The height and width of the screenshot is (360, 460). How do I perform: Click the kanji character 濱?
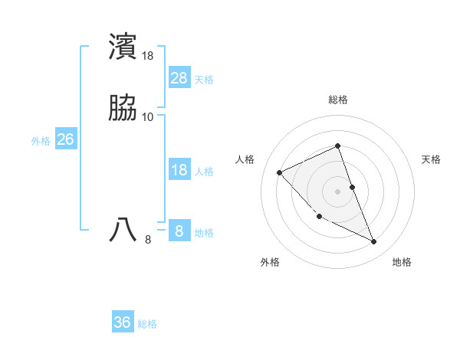click(x=123, y=47)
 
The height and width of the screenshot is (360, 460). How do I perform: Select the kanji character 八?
click(x=123, y=229)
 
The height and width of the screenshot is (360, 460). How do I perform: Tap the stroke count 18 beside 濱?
click(x=148, y=56)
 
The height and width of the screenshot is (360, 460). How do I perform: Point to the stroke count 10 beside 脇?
click(x=148, y=117)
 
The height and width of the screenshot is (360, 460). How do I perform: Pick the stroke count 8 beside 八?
click(x=148, y=240)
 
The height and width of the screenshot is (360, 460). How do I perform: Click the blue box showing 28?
click(x=179, y=78)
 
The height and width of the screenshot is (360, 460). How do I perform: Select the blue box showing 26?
click(x=66, y=139)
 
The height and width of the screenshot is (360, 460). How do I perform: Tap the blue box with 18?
click(x=179, y=170)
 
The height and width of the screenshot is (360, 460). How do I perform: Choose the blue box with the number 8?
click(x=179, y=231)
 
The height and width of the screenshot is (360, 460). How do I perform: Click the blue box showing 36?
click(x=123, y=322)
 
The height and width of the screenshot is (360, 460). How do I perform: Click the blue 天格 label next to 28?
click(x=204, y=80)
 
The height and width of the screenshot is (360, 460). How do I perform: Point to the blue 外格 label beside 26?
click(x=41, y=141)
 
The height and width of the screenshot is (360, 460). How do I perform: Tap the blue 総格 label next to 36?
click(x=147, y=324)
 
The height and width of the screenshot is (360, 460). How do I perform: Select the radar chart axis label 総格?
click(x=338, y=100)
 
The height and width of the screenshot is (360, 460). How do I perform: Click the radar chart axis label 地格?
click(x=402, y=262)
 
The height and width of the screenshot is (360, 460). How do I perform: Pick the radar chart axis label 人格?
click(x=245, y=159)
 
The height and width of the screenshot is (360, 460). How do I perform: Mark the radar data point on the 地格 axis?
click(x=374, y=241)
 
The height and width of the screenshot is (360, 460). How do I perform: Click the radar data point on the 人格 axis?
click(x=280, y=172)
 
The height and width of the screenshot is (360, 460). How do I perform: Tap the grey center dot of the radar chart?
click(x=338, y=191)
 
